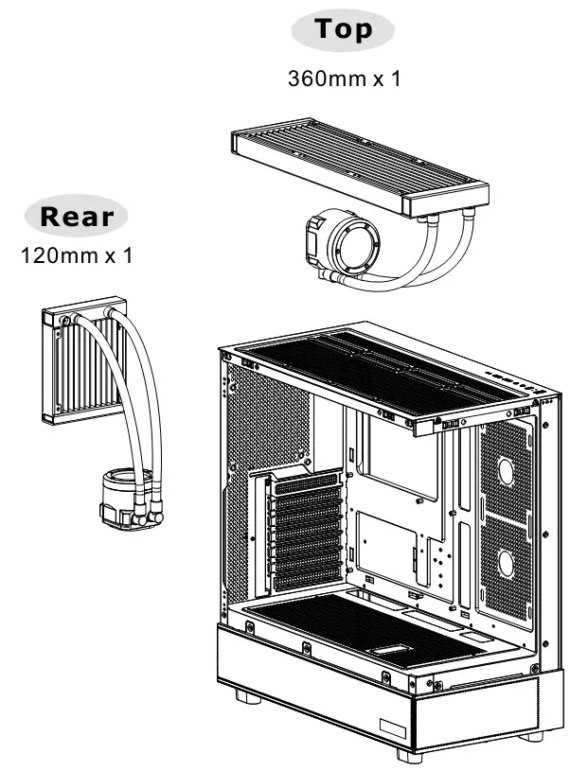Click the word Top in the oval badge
(x=343, y=28)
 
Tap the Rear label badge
(x=77, y=216)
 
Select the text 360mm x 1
(x=344, y=79)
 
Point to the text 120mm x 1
(x=77, y=255)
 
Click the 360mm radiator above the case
(x=360, y=166)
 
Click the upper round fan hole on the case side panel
(x=506, y=470)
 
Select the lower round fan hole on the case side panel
(x=506, y=564)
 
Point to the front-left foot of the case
(x=248, y=696)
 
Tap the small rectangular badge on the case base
(x=392, y=727)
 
